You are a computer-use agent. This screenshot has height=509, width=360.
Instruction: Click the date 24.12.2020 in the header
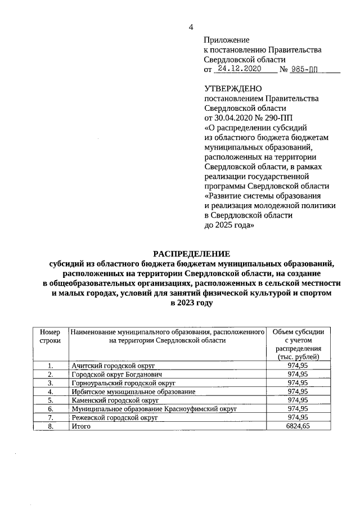coord(240,69)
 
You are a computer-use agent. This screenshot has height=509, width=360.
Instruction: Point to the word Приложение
coord(226,40)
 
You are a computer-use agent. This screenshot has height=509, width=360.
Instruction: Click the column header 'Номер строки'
coord(50,336)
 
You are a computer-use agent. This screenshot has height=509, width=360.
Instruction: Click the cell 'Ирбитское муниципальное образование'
coord(133,391)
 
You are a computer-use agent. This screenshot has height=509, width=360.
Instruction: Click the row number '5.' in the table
coord(50,400)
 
